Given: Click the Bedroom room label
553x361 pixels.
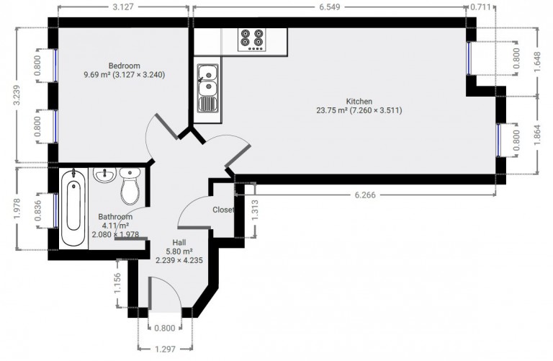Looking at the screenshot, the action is [124, 66].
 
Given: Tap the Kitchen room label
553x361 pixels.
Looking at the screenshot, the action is [359, 102].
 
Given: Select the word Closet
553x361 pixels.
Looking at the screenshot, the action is [223, 210].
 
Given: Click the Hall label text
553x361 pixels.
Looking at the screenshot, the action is [179, 242].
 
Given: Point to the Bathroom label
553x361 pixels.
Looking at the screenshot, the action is [115, 217].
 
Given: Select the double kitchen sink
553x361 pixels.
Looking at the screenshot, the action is [207, 88].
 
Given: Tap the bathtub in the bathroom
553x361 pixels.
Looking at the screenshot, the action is [73, 208].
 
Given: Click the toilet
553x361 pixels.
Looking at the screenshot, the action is [130, 186].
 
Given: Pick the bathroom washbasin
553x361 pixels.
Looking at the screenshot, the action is [104, 174].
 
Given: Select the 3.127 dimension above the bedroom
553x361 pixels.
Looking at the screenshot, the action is [123, 7].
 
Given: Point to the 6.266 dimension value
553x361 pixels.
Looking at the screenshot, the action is [365, 195].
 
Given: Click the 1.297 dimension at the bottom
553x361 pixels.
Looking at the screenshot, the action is [165, 349].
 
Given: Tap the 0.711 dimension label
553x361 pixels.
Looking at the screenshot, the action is [481, 7].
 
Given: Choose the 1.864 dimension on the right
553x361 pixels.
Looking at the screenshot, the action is [537, 135].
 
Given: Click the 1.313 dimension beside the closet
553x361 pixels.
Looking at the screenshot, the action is [256, 210].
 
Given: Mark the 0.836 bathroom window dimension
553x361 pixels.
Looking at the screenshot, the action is [38, 210].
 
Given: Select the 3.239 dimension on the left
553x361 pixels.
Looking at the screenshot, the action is [17, 95].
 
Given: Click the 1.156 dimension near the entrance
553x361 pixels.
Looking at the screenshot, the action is [118, 282].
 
